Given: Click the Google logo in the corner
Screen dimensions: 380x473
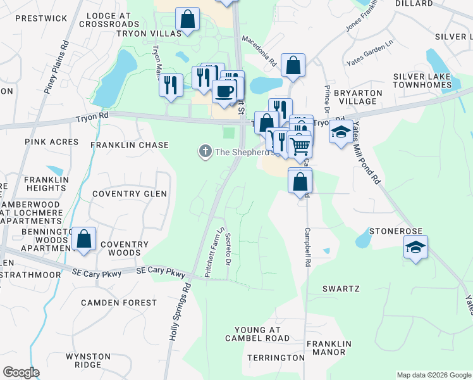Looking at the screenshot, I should pyautogui.click(x=20, y=372).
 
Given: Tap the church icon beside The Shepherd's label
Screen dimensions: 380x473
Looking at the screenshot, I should pyautogui.click(x=204, y=151).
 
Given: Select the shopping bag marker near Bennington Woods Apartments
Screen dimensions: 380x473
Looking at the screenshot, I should pyautogui.click(x=83, y=239).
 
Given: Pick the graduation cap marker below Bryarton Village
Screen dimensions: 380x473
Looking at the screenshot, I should pyautogui.click(x=341, y=132).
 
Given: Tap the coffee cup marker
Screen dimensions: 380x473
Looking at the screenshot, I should pyautogui.click(x=224, y=92).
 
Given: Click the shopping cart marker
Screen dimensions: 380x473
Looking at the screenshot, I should pyautogui.click(x=300, y=146).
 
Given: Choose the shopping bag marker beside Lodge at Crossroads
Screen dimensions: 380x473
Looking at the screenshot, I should pyautogui.click(x=187, y=20).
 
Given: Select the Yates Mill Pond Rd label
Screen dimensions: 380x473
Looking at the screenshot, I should pyautogui.click(x=367, y=152).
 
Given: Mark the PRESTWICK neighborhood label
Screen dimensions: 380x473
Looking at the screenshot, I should pyautogui.click(x=41, y=18).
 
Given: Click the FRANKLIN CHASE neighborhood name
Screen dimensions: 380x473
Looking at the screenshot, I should pyautogui.click(x=130, y=145).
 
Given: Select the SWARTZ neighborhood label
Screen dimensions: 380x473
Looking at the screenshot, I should pyautogui.click(x=341, y=289).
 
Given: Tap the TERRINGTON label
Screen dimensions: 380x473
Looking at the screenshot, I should pyautogui.click(x=276, y=358).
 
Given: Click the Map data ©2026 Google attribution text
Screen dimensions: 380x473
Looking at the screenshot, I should pyautogui.click(x=433, y=375).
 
